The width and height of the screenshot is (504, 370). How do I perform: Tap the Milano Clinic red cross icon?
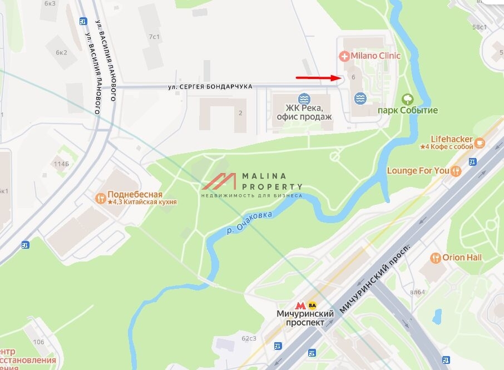point(344,56)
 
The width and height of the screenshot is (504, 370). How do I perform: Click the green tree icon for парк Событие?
point(407,99)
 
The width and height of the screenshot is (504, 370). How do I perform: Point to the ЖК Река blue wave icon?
point(304,99)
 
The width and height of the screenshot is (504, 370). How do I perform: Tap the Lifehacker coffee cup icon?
point(480,143)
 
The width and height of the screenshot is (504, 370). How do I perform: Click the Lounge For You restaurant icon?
point(456,171)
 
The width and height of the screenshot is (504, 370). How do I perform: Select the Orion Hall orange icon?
point(436,258)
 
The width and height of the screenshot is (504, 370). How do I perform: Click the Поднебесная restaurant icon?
point(101,198)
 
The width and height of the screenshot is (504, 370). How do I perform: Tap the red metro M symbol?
point(300,305)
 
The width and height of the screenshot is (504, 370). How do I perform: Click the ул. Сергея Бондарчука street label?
point(210,87)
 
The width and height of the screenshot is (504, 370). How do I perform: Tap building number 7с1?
point(154,37)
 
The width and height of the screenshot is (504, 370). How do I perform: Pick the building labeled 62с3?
point(249,338)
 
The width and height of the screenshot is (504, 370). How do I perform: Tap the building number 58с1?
point(480,27)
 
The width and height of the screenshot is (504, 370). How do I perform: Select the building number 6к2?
point(61,53)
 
